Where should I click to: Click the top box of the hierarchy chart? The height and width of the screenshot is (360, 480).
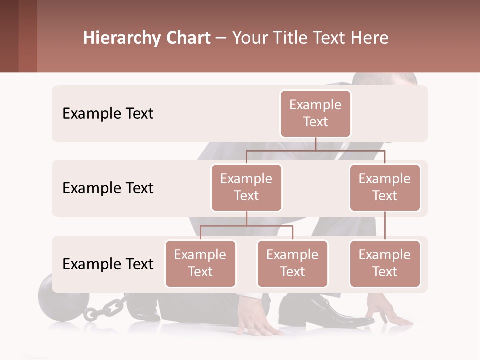tap(315, 113)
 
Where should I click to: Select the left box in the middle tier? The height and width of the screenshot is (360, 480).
tap(246, 187)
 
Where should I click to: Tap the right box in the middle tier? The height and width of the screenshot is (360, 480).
tap(385, 187)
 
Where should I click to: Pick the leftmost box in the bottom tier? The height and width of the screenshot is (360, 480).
tap(200, 263)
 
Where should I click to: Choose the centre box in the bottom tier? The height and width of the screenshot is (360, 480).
tap(292, 263)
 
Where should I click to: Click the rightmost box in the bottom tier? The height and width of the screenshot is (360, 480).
tap(385, 263)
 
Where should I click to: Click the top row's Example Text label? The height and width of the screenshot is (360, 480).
tap(108, 114)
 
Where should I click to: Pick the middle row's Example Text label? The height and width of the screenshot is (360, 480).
tap(108, 188)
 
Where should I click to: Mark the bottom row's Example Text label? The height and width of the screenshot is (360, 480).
tap(108, 264)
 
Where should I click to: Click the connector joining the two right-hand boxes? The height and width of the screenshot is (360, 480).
tap(385, 226)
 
